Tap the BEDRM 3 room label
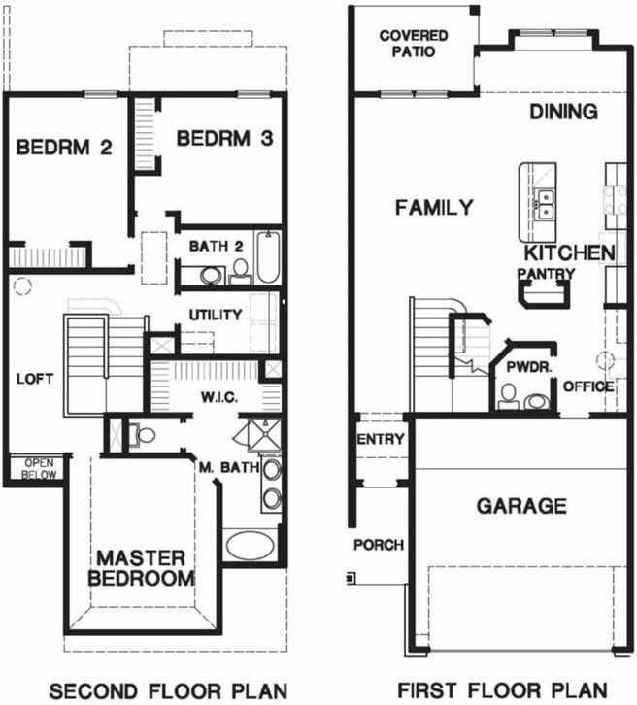(223, 139)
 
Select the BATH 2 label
(216, 245)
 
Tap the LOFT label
(35, 380)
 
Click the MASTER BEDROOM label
(140, 568)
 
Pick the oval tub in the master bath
(251, 545)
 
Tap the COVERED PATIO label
(414, 44)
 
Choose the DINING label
(563, 112)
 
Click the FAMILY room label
(434, 207)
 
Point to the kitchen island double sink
(547, 204)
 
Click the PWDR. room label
(522, 368)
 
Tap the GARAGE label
(521, 506)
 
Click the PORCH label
(378, 545)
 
